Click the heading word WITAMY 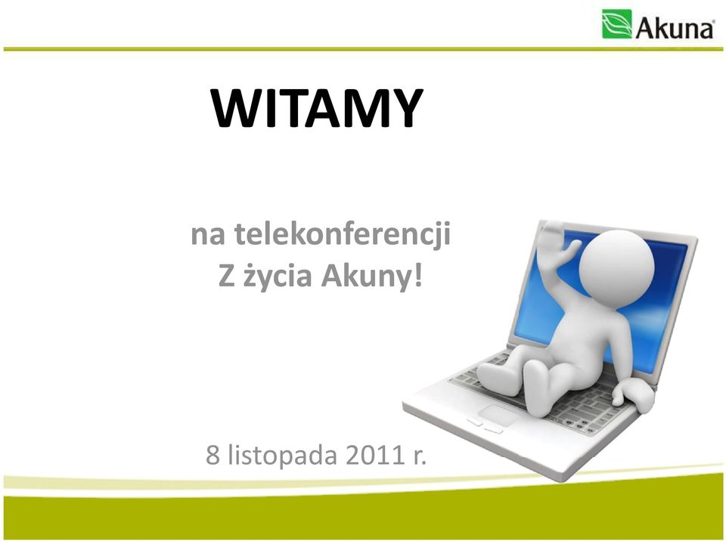317,108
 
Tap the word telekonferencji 342,234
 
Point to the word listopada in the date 282,456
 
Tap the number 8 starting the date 213,456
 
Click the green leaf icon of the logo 617,24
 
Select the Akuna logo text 675,29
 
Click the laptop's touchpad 498,414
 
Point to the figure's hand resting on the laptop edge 634,394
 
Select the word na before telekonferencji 208,235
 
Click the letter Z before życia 226,276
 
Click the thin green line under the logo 363,48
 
